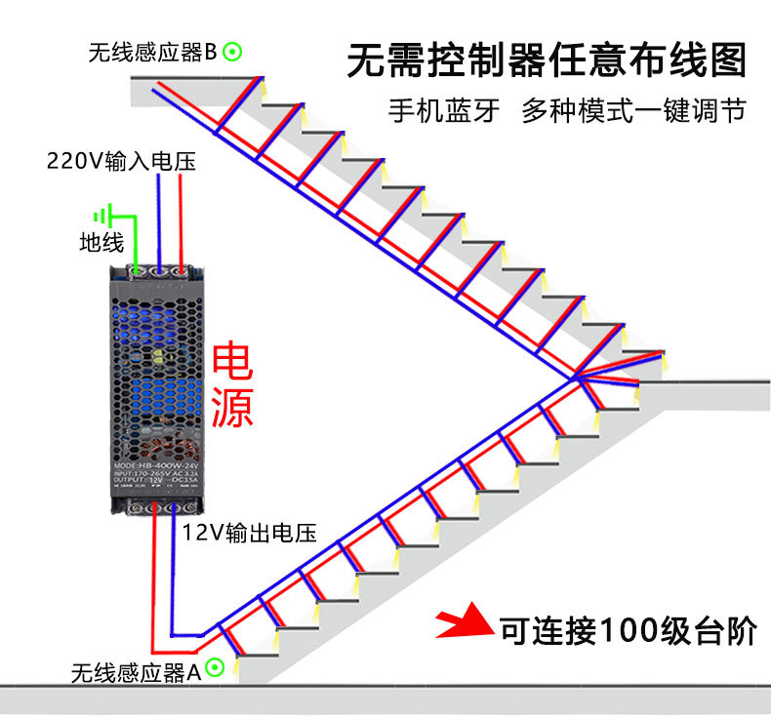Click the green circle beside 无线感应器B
pos(232,52)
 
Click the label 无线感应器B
pos(152,53)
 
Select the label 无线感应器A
pos(136,671)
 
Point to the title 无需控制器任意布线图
pos(548,60)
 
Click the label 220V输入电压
pos(121,160)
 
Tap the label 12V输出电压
pos(251,532)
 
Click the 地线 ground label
pos(101,242)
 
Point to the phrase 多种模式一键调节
pos(633,111)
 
